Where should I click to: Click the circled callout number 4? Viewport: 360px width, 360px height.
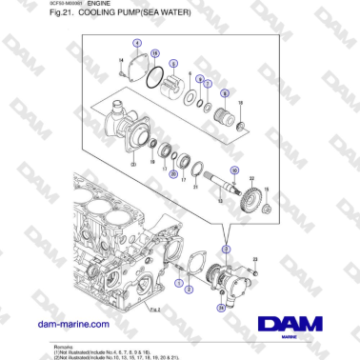pyautogui.click(x=137, y=44)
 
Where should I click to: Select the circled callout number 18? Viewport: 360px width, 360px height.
pyautogui.click(x=154, y=55)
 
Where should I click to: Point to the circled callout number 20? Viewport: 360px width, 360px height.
pyautogui.click(x=172, y=174)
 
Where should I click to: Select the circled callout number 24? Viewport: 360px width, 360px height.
pyautogui.click(x=221, y=308)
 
